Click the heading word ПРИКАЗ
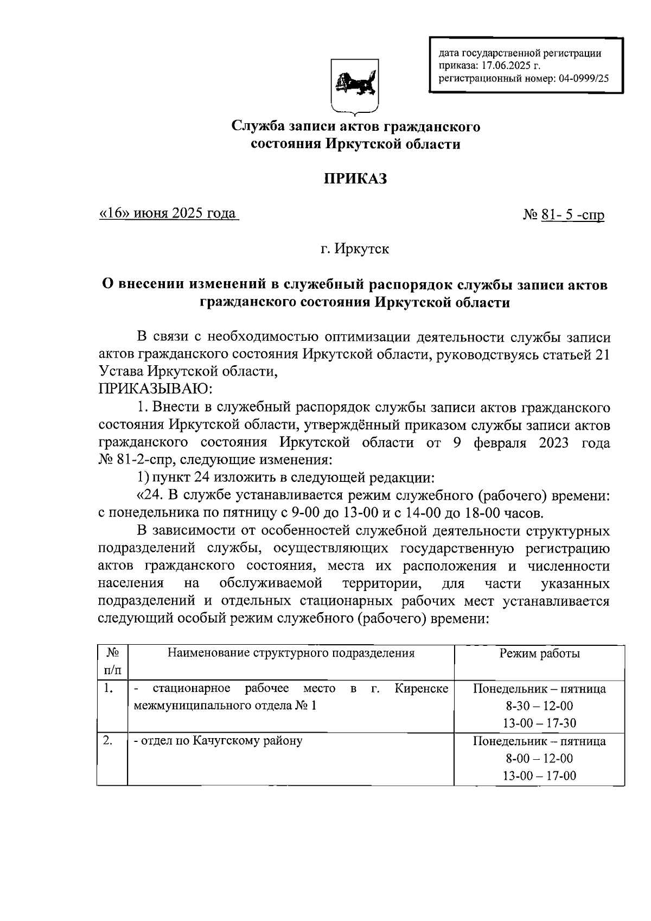click(x=355, y=179)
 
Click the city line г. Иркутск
click(x=355, y=249)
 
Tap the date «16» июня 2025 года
click(x=168, y=213)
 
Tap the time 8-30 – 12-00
click(x=539, y=706)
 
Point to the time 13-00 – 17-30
click(x=539, y=723)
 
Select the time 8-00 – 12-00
click(x=539, y=758)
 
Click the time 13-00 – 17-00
click(x=539, y=776)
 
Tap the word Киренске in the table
click(x=422, y=689)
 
